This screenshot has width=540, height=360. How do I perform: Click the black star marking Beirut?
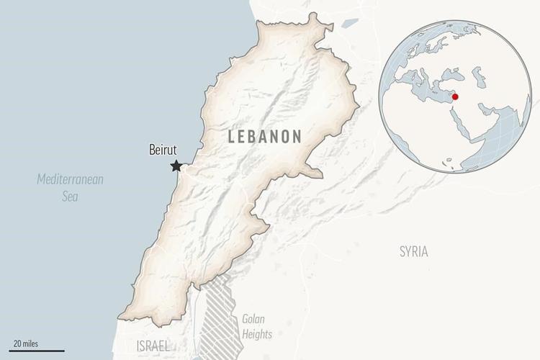click(176, 166)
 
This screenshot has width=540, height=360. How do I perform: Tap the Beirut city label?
click(163, 150)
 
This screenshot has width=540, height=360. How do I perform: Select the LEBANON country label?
click(265, 137)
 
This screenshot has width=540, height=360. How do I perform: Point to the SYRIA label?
click(413, 251)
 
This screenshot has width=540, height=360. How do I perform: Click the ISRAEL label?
click(152, 346)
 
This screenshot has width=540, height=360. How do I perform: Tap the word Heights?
click(257, 334)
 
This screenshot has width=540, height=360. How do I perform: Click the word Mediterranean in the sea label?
click(70, 179)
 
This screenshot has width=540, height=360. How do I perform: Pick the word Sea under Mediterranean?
click(70, 196)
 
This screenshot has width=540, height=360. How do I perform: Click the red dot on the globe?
click(454, 97)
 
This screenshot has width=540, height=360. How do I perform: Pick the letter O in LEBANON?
click(284, 137)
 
